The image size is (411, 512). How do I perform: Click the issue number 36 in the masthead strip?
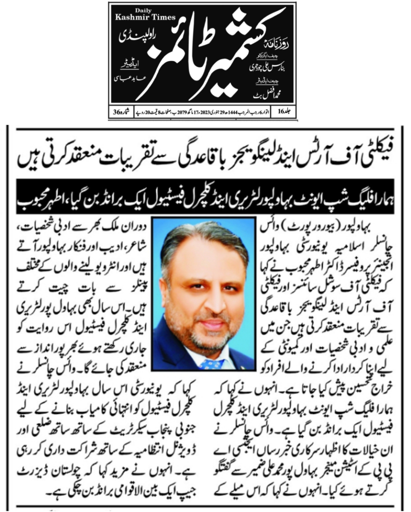[x=117, y=111]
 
